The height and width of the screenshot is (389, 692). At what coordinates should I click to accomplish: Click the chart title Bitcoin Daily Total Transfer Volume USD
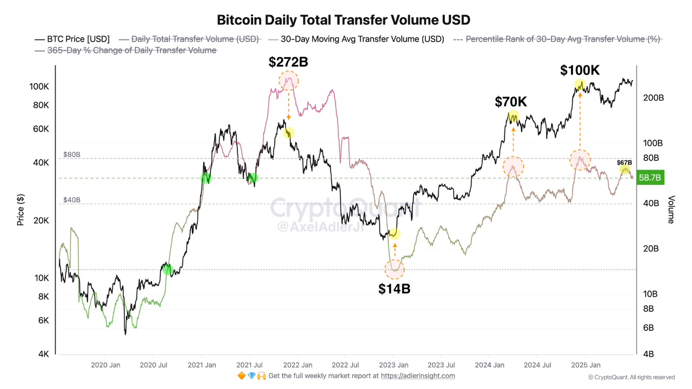[x=343, y=20]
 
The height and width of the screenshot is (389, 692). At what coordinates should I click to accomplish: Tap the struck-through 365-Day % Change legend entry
[x=125, y=50]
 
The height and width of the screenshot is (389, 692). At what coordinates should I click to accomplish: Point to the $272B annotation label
[x=288, y=62]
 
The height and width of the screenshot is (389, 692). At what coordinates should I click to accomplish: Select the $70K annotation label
[x=511, y=102]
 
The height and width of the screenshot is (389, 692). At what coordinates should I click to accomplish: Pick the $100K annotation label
[x=580, y=70]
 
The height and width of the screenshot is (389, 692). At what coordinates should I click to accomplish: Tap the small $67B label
[x=624, y=163]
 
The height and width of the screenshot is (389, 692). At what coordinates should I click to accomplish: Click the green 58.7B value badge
[x=650, y=177]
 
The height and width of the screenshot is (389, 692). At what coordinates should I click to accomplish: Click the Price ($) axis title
[x=21, y=210]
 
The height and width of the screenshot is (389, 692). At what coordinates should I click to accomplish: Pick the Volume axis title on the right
[x=671, y=210]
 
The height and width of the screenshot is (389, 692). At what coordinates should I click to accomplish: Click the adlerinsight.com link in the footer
[x=417, y=376]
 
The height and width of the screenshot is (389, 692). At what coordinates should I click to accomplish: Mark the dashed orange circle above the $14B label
[x=394, y=269]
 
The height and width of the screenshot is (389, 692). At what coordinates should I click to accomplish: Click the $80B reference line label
[x=72, y=154]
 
